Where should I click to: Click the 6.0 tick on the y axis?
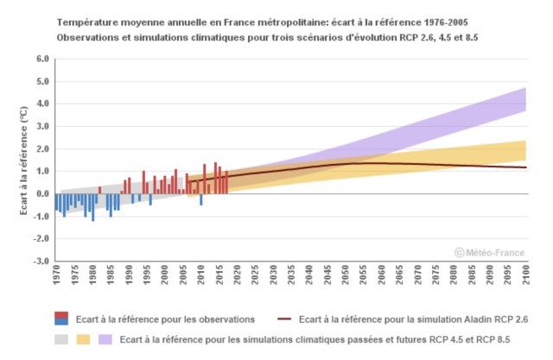pyautogui.click(x=42, y=60)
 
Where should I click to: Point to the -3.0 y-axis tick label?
pyautogui.click(x=41, y=261)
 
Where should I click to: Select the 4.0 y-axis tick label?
pyautogui.click(x=42, y=104)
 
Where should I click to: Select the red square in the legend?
pyautogui.click(x=61, y=314)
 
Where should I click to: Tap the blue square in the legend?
pyautogui.click(x=61, y=323)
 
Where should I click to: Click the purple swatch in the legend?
pyautogui.click(x=105, y=338)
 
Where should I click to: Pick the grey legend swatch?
pyautogui.click(x=61, y=338)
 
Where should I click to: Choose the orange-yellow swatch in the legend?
pyautogui.click(x=83, y=338)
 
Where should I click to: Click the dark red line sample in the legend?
pyautogui.click(x=286, y=319)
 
